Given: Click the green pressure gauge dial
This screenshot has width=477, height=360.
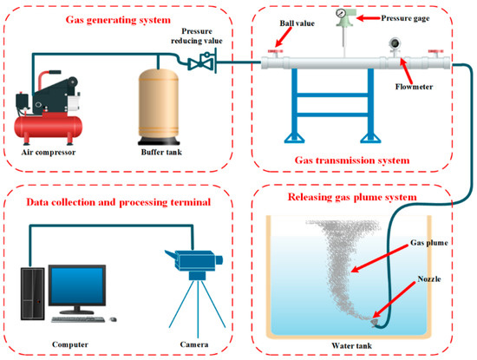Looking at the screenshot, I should pos(350,15).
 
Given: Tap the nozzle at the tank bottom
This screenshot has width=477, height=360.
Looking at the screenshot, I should pos(374,319).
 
